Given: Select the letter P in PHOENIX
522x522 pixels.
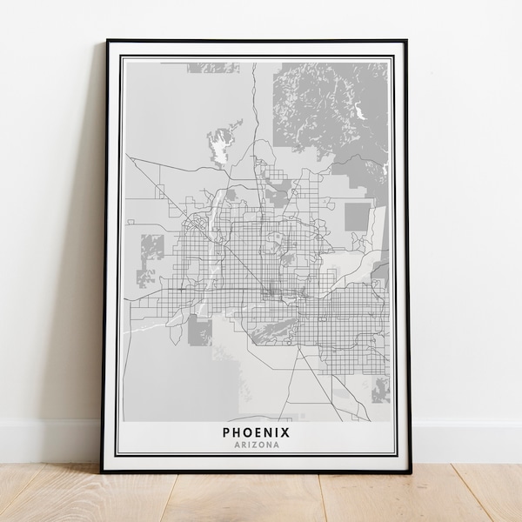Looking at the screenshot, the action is pos(227,432).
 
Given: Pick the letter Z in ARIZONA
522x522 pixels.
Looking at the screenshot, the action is pos(255,445).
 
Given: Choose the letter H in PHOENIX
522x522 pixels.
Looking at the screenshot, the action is pos(237,432).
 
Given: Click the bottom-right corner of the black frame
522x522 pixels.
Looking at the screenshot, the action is pos(405,470).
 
